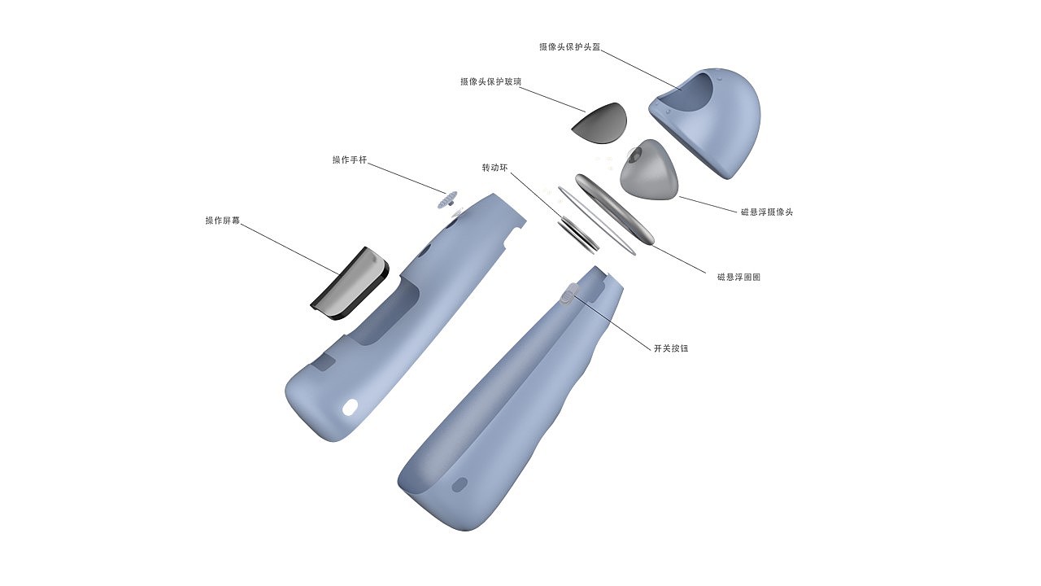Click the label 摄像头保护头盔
[x=569, y=47]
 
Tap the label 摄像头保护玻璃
[x=490, y=82]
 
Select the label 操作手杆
[x=350, y=160]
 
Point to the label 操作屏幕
[x=223, y=221]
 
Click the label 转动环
[x=494, y=168]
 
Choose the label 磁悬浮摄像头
[x=767, y=212]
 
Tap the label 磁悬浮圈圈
[x=739, y=278]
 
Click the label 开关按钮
[x=671, y=348]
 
